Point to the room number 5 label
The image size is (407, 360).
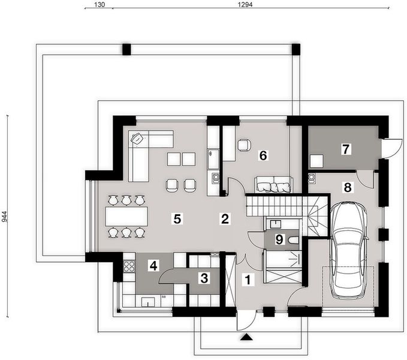[x=176, y=218]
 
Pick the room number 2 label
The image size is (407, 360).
[x=225, y=218]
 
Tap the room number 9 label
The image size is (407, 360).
[x=278, y=240]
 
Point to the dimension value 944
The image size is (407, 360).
[x=5, y=217]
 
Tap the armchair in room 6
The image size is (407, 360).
[x=244, y=145]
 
